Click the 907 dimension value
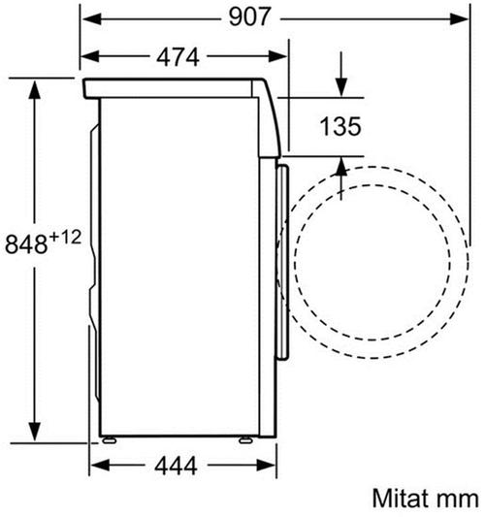point(249,17)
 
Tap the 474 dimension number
point(178,57)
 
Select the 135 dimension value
point(340,126)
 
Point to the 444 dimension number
point(177,466)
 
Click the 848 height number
point(26,244)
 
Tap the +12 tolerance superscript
point(66,238)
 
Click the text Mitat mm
point(425,498)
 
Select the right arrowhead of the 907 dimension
point(459,18)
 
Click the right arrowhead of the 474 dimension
point(277,56)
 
